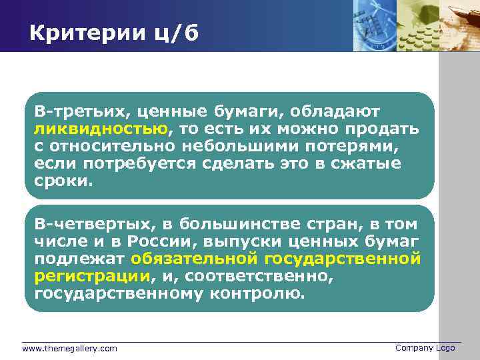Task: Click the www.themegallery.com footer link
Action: (x=69, y=349)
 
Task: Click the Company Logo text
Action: (x=425, y=348)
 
